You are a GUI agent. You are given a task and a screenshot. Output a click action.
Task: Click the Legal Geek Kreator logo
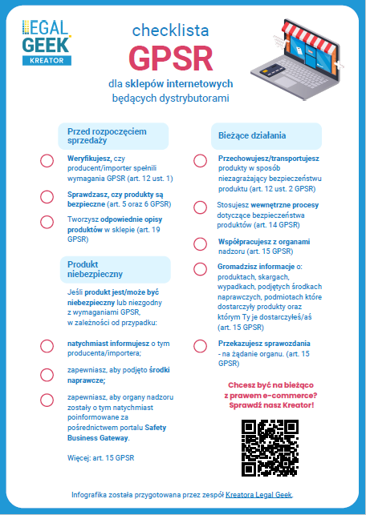pyautogui.click(x=47, y=42)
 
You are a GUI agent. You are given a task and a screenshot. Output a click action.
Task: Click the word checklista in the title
pyautogui.click(x=170, y=30)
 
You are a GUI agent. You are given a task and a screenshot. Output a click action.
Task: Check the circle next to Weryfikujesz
pyautogui.click(x=47, y=161)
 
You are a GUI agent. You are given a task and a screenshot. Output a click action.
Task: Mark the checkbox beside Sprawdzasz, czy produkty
pyautogui.click(x=47, y=197)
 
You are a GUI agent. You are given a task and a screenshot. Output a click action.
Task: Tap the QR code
pyautogui.click(x=270, y=446)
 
